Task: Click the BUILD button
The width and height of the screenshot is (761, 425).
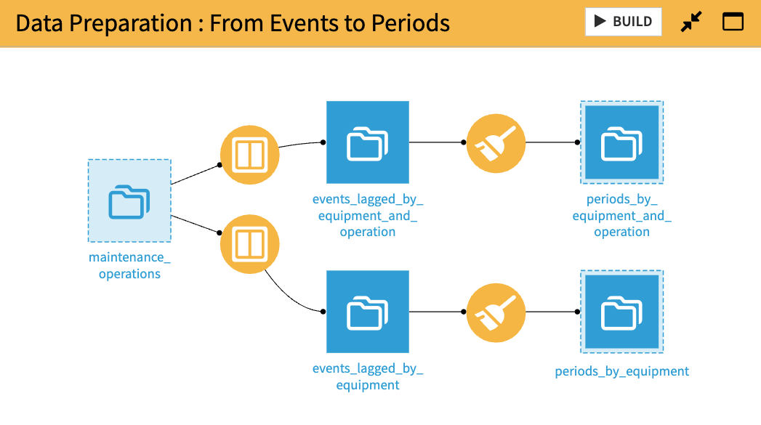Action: [623, 22]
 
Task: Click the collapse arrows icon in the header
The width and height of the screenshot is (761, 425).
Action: [691, 23]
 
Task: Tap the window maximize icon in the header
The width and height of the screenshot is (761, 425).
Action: [733, 22]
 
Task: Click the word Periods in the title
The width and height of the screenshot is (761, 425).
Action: [411, 23]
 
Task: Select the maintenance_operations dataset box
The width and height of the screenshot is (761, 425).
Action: [129, 201]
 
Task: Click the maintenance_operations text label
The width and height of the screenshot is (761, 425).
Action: [129, 265]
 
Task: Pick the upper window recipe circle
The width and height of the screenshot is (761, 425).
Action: [250, 155]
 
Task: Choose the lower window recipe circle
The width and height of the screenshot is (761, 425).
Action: [250, 244]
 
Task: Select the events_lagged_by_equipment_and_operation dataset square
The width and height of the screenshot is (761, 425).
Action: [368, 142]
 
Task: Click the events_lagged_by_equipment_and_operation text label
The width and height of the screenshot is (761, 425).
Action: [368, 215]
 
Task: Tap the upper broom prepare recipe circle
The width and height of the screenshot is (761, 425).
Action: [496, 143]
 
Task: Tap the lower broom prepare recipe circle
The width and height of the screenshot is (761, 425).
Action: [496, 312]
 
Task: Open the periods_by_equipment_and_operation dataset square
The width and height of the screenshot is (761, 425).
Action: [621, 142]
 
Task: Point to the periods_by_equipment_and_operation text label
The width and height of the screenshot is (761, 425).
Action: [621, 215]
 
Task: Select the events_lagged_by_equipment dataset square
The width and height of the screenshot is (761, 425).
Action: [368, 312]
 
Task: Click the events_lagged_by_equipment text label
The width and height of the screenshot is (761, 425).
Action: [368, 376]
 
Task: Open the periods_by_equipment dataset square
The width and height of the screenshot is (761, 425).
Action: [621, 312]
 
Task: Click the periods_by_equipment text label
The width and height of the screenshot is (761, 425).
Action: [621, 371]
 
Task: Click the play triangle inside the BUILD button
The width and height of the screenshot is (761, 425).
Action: [600, 22]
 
